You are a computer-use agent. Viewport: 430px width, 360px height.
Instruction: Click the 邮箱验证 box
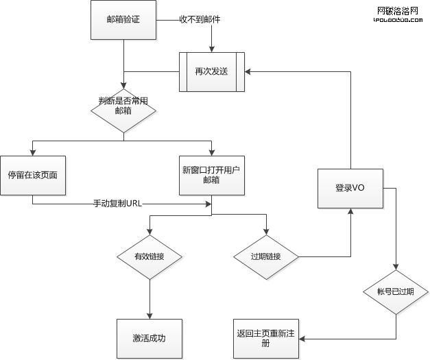[123, 19]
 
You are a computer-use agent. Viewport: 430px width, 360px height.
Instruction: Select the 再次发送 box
[211, 71]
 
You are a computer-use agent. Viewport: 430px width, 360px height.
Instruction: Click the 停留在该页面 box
[32, 174]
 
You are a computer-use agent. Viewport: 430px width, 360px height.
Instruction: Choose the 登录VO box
[350, 188]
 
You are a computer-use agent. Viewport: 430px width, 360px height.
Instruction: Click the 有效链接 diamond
[150, 257]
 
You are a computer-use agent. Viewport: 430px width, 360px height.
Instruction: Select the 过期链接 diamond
[267, 257]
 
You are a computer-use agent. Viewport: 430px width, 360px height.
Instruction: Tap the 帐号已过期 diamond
[396, 291]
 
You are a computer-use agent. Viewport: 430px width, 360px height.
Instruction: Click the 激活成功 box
[150, 338]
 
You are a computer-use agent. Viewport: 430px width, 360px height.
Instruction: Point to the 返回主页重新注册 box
[266, 338]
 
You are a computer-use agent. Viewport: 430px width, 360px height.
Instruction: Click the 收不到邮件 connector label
[200, 19]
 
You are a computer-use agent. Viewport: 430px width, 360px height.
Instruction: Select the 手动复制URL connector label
[117, 203]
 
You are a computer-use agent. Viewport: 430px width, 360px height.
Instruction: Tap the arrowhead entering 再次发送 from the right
[248, 71]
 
